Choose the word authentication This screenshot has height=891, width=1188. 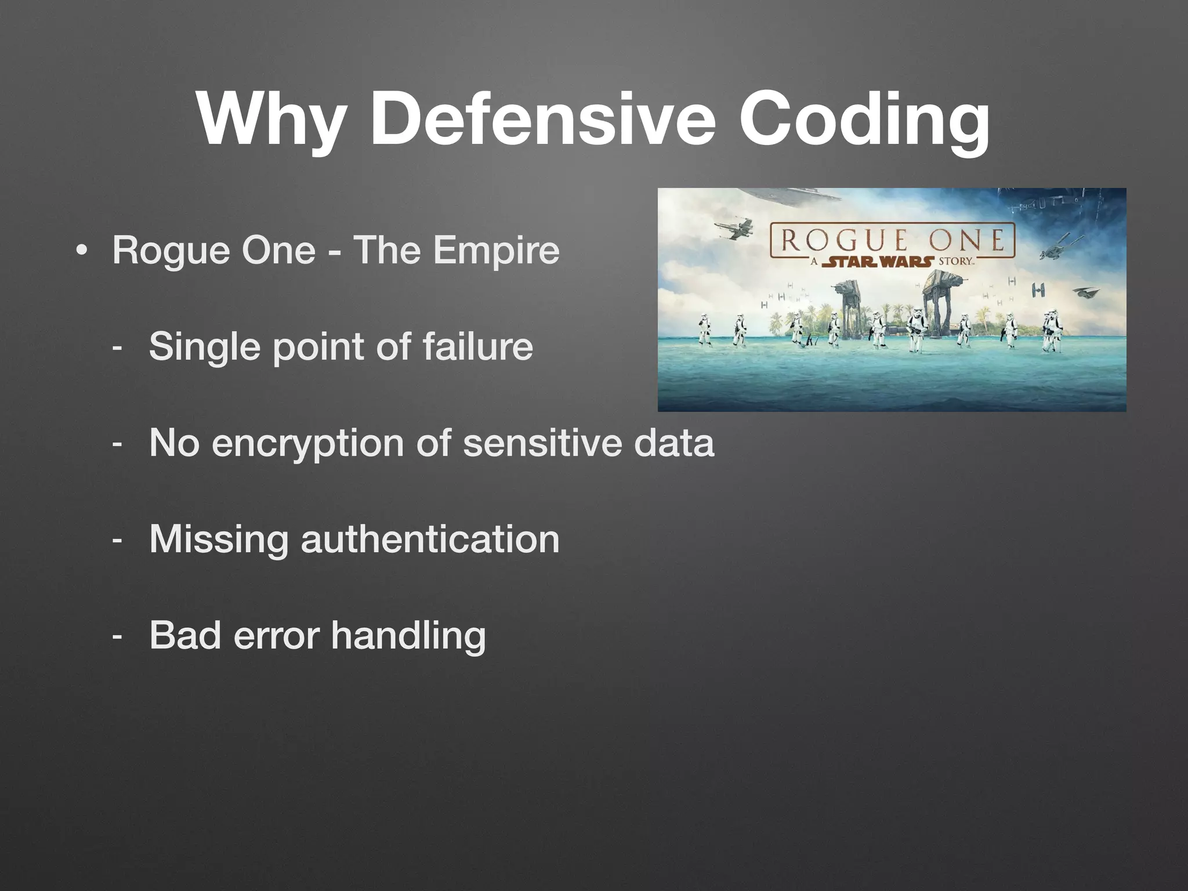[x=430, y=539]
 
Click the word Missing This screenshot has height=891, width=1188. [x=219, y=540]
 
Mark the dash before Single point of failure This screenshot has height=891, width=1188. [x=118, y=347]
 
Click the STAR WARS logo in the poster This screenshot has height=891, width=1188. [x=878, y=262]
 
